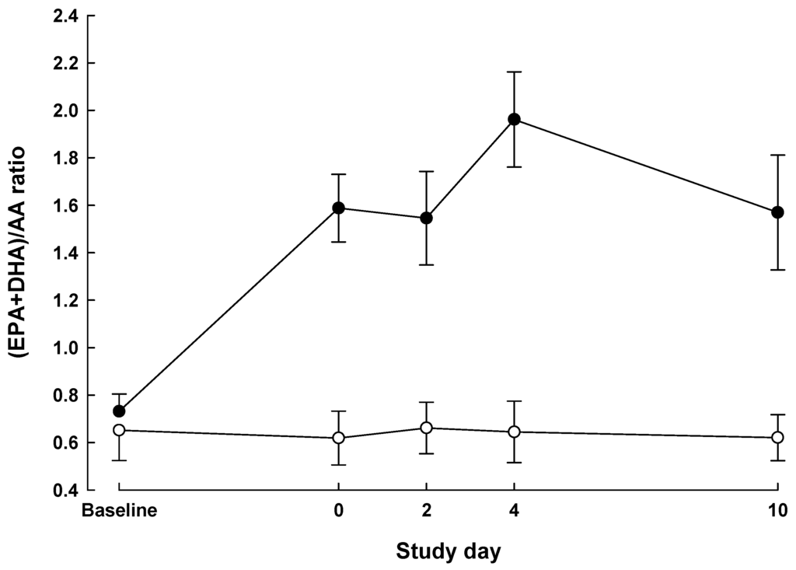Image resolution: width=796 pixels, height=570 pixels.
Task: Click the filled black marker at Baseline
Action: (119, 411)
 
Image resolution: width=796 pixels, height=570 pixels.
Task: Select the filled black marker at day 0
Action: (339, 208)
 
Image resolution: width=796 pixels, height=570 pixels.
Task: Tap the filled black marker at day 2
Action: (426, 218)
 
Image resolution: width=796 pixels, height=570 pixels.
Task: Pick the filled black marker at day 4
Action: (514, 119)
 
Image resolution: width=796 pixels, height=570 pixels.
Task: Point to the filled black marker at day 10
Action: (777, 212)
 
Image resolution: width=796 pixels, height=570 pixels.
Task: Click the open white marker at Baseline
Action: (119, 430)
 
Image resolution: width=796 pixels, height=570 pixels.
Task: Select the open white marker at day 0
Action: (339, 438)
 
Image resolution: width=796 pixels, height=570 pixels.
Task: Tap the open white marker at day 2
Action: (426, 428)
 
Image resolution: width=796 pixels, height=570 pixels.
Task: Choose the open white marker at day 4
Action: (514, 432)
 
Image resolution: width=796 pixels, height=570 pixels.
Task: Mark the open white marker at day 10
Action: (777, 437)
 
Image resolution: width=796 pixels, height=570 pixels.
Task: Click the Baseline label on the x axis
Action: (120, 511)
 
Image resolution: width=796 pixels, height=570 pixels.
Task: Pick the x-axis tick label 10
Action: (777, 511)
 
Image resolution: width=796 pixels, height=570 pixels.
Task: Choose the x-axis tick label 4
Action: (514, 511)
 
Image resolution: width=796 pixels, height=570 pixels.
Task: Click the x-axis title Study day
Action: (449, 551)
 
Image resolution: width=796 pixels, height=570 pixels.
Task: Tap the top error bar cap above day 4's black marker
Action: (514, 72)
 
